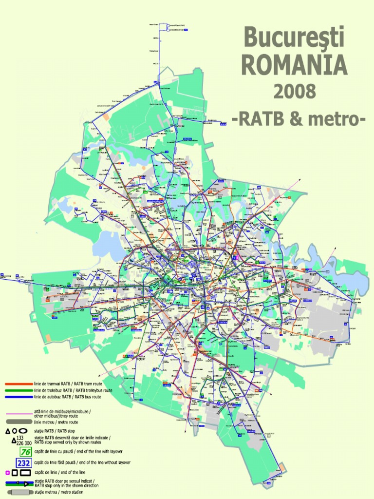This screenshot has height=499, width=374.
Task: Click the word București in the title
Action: (294, 38)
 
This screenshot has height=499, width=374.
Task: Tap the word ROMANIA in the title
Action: (294, 65)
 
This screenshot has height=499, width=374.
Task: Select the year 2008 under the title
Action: (294, 91)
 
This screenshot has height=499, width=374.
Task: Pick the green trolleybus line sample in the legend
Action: (19, 390)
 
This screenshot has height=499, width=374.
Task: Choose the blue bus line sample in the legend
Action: (19, 397)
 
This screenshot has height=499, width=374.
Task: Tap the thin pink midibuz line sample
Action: (19, 414)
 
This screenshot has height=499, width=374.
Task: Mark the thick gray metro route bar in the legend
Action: (19, 422)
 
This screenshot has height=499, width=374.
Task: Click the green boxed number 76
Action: (25, 452)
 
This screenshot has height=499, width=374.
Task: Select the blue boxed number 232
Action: (23, 462)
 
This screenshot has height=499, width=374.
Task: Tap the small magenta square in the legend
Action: (8, 473)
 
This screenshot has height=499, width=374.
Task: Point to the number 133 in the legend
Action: (20, 438)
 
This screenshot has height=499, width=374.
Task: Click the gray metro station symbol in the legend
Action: (19, 492)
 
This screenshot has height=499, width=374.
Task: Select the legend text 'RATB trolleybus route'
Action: (92, 390)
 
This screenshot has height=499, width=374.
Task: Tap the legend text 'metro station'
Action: (65, 492)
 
